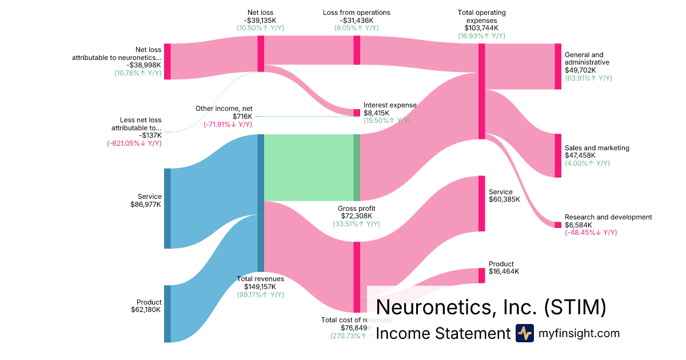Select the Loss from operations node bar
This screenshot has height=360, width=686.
tap(357, 50)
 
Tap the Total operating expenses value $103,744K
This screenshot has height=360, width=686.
tap(481, 27)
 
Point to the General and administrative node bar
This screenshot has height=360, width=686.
tap(558, 66)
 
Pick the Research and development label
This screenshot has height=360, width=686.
tap(608, 217)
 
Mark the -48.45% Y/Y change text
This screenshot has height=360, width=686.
tap(591, 233)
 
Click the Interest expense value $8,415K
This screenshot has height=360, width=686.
tap(377, 113)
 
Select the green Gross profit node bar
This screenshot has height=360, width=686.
tap(357, 167)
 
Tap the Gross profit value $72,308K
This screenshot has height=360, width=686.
tap(356, 216)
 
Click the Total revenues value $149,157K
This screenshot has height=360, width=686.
tap(260, 287)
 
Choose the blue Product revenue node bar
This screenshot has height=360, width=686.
tap(167, 313)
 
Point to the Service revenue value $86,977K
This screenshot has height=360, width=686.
tap(146, 204)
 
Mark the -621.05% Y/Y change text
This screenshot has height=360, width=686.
tap(134, 143)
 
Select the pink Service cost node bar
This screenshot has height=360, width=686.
tap(481, 203)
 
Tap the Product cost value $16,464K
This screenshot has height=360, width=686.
tap(504, 271)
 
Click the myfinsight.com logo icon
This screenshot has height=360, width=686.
tap(524, 333)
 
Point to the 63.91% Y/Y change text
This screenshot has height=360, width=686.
tap(588, 78)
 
